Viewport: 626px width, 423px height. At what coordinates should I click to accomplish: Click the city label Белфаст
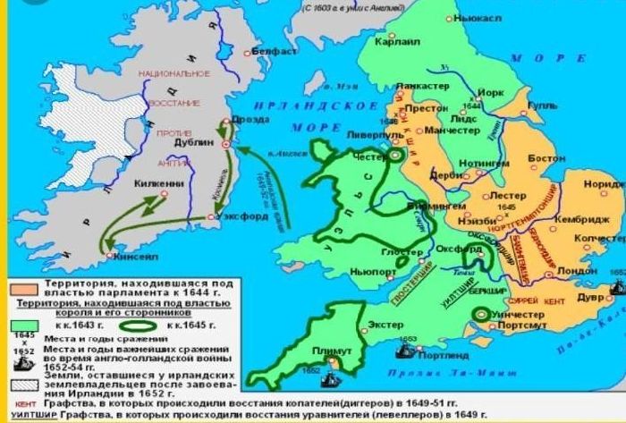272,52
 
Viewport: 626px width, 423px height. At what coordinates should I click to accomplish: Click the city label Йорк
493,92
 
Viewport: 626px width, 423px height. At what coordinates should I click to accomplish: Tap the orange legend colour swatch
18,288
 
